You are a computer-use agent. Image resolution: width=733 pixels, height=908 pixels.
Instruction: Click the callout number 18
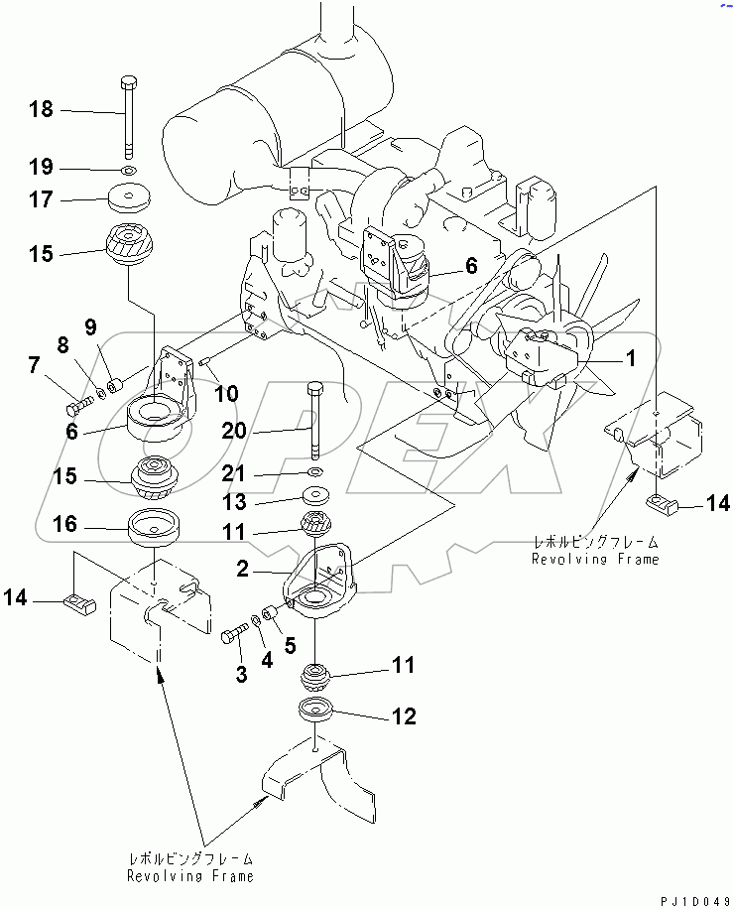(x=42, y=109)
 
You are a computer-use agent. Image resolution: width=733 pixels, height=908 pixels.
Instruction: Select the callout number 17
(x=42, y=199)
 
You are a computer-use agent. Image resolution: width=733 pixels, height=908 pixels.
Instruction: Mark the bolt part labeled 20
(x=313, y=417)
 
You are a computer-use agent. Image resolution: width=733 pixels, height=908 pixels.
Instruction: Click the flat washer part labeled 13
(x=314, y=494)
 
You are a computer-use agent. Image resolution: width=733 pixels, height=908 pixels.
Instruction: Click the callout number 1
(x=627, y=358)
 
